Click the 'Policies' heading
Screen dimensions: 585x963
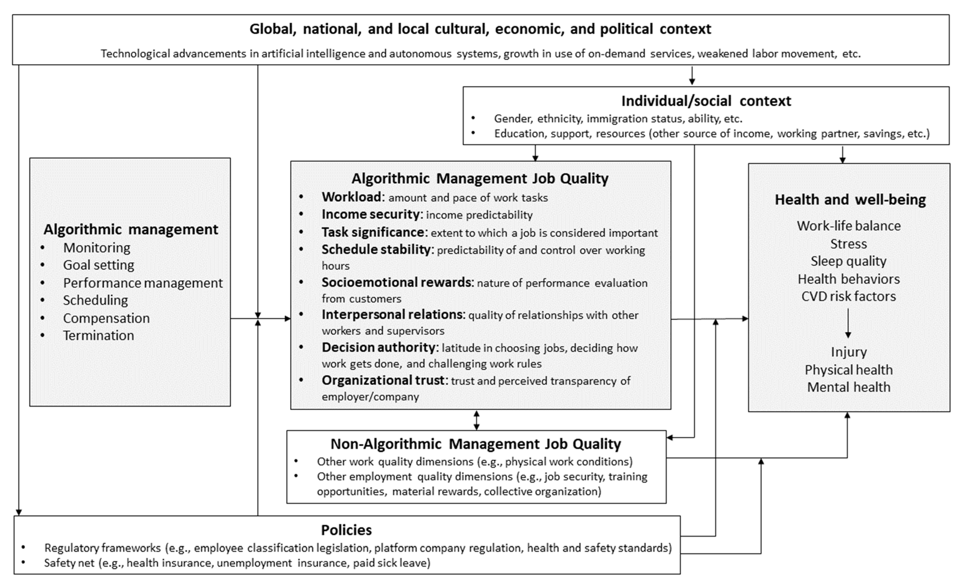click(346, 530)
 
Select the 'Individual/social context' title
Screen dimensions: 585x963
click(706, 101)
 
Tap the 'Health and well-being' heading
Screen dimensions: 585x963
click(850, 200)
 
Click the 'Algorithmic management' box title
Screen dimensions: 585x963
click(131, 229)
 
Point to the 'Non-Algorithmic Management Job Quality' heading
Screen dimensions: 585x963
click(476, 444)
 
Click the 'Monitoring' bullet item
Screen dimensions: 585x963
click(96, 248)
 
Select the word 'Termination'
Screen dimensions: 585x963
click(98, 335)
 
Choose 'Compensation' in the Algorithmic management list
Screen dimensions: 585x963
click(106, 318)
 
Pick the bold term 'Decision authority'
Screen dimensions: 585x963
click(378, 347)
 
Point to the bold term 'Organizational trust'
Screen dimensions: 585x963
click(383, 380)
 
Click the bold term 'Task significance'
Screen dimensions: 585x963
click(373, 232)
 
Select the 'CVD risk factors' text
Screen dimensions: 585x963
click(849, 296)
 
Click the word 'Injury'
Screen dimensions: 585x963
click(849, 352)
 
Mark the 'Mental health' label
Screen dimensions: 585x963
click(849, 387)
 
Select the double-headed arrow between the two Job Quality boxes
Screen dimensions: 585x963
click(476, 420)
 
